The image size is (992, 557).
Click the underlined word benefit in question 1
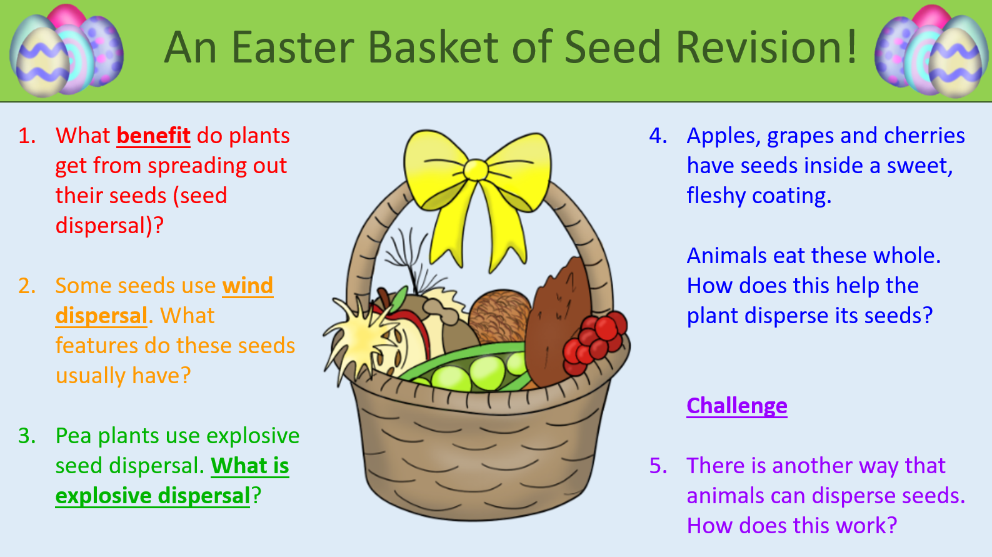(x=154, y=136)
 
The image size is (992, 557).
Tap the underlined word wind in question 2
(x=248, y=286)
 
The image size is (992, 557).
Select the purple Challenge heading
(x=737, y=406)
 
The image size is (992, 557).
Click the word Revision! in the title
(x=766, y=48)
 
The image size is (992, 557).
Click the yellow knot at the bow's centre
(x=476, y=170)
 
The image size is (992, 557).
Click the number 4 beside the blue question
(x=658, y=136)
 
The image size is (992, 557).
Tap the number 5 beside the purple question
(x=658, y=466)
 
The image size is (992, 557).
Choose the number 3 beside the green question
(x=27, y=436)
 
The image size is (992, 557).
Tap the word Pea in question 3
(x=74, y=436)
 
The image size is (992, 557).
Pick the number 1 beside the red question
(x=27, y=136)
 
